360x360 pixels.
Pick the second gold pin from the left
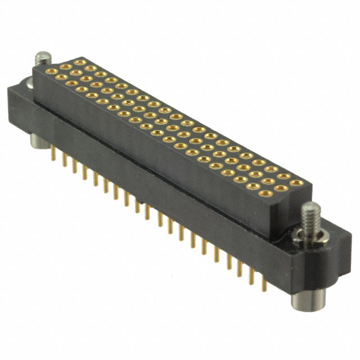pyautogui.click(x=65, y=160)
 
